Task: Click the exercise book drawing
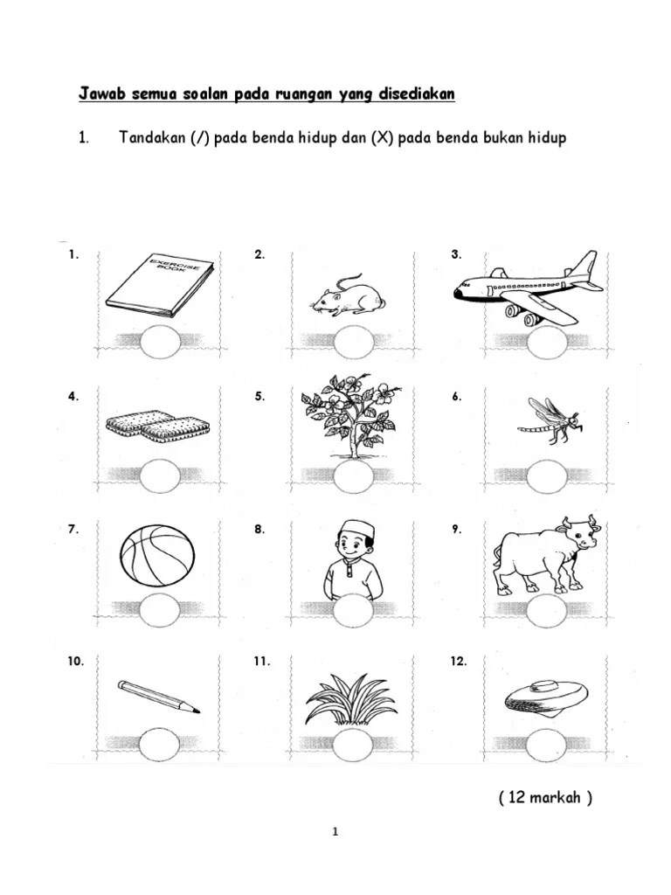coord(161,285)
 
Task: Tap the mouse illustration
coord(349,295)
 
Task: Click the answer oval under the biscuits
coord(161,475)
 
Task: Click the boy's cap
coord(354,528)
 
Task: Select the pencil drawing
coord(159,697)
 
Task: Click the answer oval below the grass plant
coord(352,746)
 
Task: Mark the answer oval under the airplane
coord(547,343)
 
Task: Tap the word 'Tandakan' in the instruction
coord(152,137)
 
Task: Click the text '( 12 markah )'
coord(545,797)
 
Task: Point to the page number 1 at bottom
coord(335,832)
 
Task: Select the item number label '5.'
coord(259,396)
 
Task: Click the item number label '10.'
coord(75,661)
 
